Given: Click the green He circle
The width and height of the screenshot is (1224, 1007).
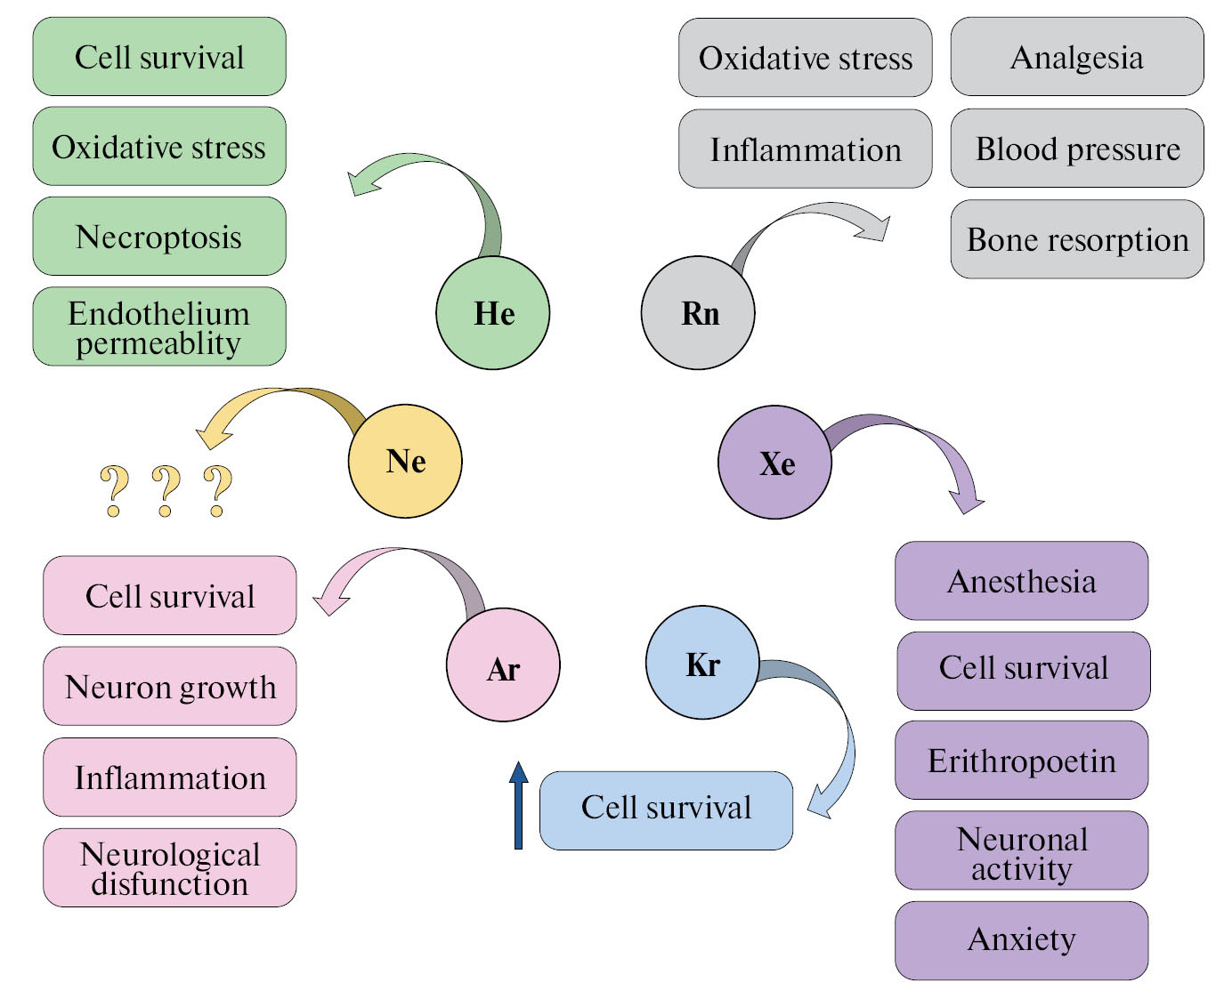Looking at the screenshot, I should (492, 313).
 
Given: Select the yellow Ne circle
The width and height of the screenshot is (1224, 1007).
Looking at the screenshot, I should (405, 462).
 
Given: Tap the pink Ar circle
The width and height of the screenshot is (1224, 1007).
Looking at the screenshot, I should (503, 665).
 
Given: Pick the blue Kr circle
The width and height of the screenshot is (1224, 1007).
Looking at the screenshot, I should (702, 663).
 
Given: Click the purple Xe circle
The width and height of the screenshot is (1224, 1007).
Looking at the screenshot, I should (774, 463).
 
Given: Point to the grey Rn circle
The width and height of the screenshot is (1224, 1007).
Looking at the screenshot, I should (698, 313).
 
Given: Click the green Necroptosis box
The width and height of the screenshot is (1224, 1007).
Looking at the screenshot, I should (159, 237).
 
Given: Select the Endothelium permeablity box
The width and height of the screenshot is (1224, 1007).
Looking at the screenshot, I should (159, 326).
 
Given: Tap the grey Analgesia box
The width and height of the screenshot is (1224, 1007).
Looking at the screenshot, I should (1077, 57).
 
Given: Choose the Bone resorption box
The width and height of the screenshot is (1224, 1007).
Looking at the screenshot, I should (1077, 239).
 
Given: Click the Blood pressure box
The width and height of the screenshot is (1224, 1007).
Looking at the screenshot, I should (1077, 149).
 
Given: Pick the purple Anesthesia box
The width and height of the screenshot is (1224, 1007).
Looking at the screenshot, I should (1021, 581).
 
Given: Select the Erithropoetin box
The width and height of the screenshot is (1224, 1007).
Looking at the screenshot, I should (1021, 761).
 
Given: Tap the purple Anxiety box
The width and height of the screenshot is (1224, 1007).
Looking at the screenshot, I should (1021, 940).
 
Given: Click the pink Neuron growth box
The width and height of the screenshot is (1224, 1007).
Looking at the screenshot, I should (170, 687).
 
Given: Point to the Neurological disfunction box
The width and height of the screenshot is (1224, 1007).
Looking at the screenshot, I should (170, 868).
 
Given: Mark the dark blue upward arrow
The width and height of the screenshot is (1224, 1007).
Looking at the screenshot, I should (518, 805).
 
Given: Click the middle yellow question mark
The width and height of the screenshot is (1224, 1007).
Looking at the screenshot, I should (166, 490).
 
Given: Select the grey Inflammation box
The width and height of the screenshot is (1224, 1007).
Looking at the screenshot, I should (805, 149).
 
